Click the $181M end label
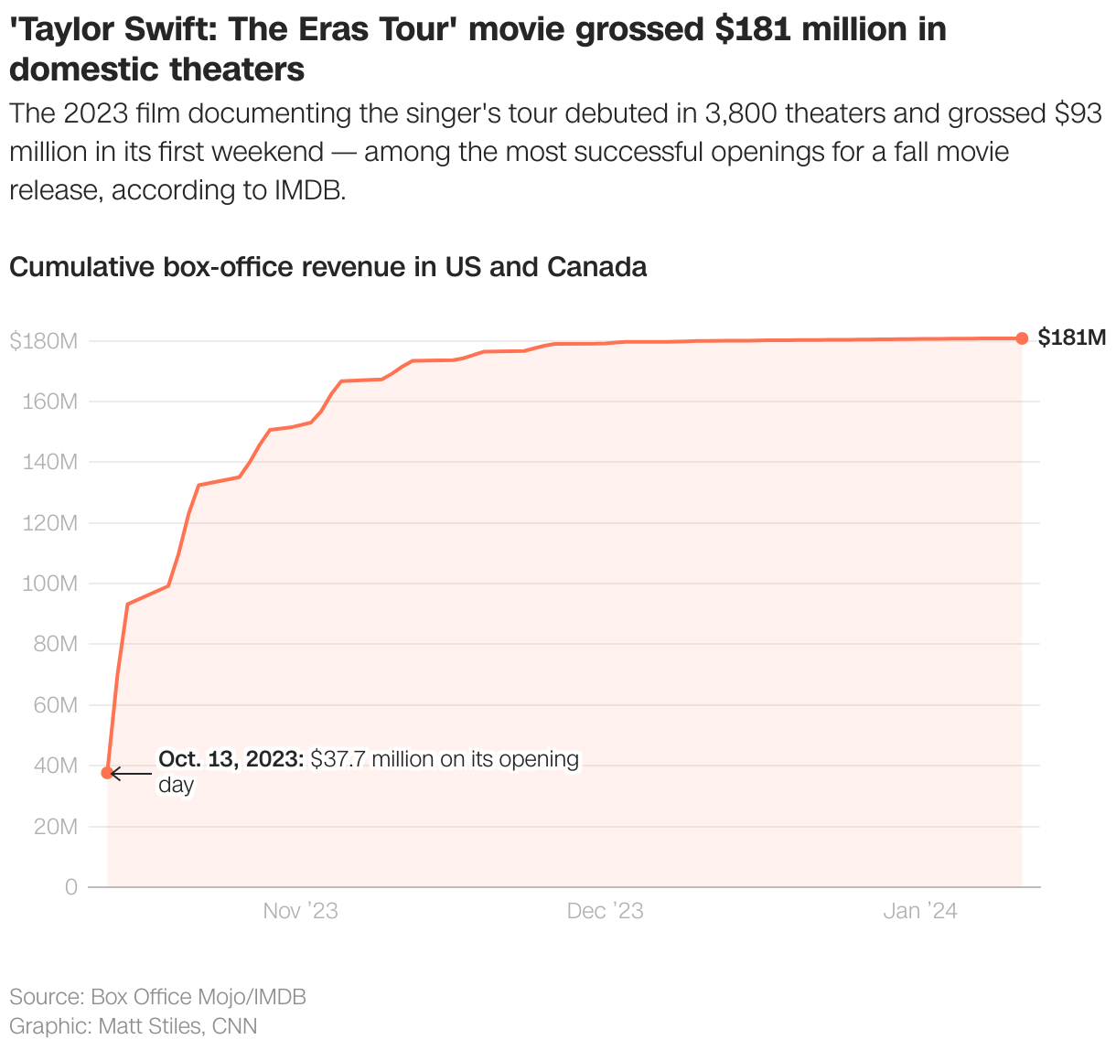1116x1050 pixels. coord(1071,338)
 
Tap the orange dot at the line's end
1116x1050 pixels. coord(1022,338)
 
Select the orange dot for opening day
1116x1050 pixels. coord(107,773)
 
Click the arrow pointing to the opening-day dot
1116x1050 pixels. coord(131,774)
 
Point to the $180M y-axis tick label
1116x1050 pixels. coord(43,341)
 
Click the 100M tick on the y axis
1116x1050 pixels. coord(49,584)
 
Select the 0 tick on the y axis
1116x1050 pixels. coord(71,887)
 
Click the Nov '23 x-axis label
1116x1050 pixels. coord(300,911)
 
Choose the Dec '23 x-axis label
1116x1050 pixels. coord(605,911)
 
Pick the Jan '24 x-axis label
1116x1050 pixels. coord(919,911)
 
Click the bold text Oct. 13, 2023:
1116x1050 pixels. coord(231,759)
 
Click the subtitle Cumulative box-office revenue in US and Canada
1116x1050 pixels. coord(327,267)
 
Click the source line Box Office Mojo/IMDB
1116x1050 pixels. coord(199,997)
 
